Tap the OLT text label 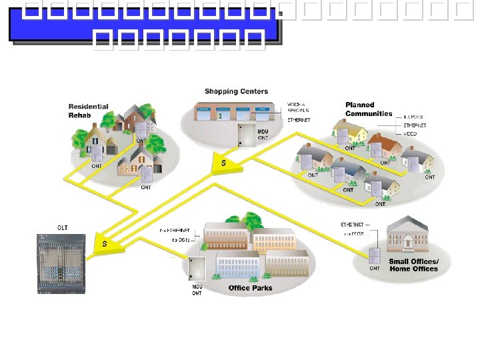pyautogui.click(x=62, y=228)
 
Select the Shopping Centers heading pyautogui.click(x=236, y=91)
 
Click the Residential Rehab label pyautogui.click(x=88, y=111)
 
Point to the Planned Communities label pyautogui.click(x=369, y=109)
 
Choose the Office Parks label pyautogui.click(x=250, y=288)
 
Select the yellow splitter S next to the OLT pyautogui.click(x=105, y=243)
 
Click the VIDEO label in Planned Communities pyautogui.click(x=410, y=134)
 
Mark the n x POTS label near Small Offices pyautogui.click(x=352, y=233)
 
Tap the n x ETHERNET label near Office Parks pyautogui.click(x=175, y=230)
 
